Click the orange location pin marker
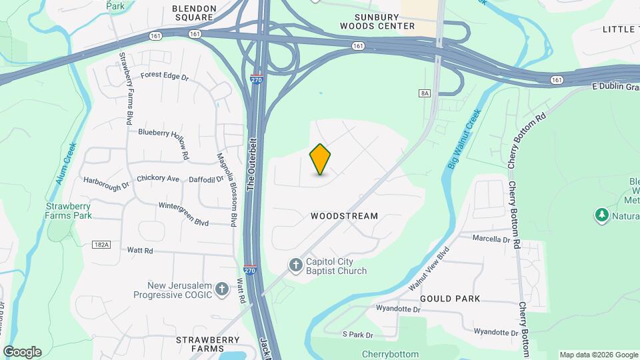point(320,159)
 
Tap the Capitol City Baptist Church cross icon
point(296,265)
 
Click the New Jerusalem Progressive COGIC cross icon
point(223,289)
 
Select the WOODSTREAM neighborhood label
point(344,216)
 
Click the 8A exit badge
point(425,93)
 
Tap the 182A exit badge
point(101,245)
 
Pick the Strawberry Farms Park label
point(69,211)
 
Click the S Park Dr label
point(357,334)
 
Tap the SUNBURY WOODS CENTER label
point(377,21)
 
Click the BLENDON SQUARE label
point(195,13)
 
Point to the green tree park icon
point(602,215)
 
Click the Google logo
point(22,352)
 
